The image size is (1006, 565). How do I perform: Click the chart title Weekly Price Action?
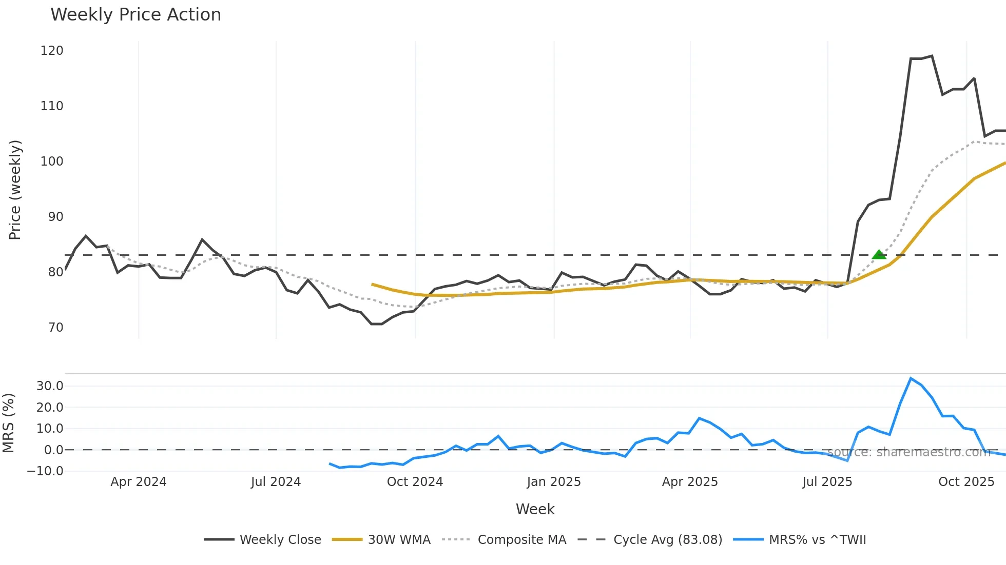(x=136, y=15)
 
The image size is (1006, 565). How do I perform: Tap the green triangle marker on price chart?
(x=879, y=254)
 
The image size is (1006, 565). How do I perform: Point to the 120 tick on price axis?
(x=52, y=51)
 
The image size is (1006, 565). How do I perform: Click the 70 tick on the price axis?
(x=55, y=328)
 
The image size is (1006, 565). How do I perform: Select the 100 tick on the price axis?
(x=52, y=162)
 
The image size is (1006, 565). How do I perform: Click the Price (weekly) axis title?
(x=15, y=190)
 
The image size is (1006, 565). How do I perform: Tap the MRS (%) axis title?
(x=9, y=423)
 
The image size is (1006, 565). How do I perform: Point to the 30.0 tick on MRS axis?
(x=50, y=386)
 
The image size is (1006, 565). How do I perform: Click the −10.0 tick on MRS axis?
(x=46, y=471)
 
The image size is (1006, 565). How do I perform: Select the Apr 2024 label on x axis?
(x=138, y=482)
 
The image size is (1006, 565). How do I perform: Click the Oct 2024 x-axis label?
(x=415, y=482)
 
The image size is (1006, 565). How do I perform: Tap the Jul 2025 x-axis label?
(x=827, y=482)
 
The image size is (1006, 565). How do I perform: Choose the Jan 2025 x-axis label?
(x=553, y=482)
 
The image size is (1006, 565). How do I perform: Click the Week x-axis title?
(x=535, y=509)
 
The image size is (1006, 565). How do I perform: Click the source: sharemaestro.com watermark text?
(x=908, y=452)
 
